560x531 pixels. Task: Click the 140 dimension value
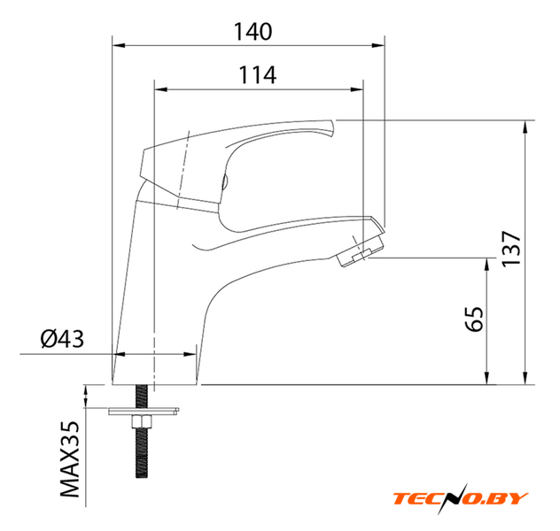point(253,31)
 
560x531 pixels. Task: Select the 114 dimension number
point(257,74)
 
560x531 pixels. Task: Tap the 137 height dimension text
point(511,249)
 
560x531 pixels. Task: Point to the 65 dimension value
point(475,319)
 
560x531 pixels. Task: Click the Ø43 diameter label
point(62,339)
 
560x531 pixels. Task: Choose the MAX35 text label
point(69,459)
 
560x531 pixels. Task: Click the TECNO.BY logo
point(461,498)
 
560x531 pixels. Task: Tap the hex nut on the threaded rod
point(142,422)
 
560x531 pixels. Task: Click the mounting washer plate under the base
point(144,412)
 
